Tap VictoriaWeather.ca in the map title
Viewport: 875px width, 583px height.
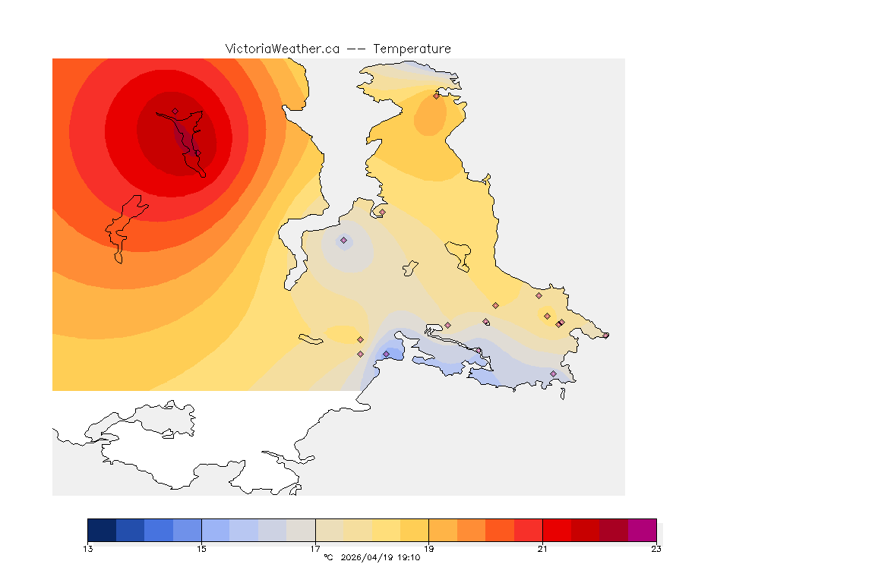coord(282,49)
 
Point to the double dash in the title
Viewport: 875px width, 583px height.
coord(356,49)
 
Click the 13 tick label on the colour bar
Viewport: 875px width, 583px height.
coord(88,549)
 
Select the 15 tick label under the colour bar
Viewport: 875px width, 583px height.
coord(201,549)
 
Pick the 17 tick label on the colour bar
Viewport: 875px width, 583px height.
coord(315,549)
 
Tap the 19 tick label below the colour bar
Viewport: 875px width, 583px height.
coord(428,549)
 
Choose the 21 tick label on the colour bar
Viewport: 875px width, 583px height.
coord(542,549)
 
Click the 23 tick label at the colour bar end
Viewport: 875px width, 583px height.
coord(655,549)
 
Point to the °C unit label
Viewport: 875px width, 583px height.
coord(328,558)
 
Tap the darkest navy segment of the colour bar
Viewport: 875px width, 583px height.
coord(102,530)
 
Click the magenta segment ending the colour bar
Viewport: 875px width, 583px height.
coord(642,530)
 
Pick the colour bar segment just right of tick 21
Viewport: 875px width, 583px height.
coord(557,530)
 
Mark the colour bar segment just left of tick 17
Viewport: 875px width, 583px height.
coord(301,530)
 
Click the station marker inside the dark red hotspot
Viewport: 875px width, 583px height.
coord(175,112)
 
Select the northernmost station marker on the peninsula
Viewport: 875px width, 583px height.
coord(436,96)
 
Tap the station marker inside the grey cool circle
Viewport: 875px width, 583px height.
coord(343,240)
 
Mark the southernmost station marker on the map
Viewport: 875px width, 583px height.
coord(553,373)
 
